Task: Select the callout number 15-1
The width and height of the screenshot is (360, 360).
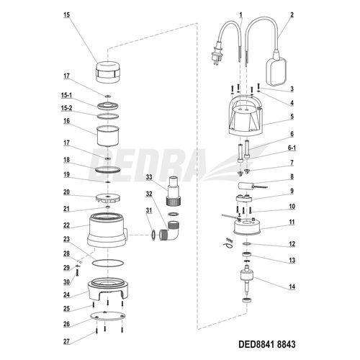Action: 66,95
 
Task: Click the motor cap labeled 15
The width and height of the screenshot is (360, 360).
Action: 108,72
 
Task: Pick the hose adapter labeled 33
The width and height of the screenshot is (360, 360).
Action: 174,192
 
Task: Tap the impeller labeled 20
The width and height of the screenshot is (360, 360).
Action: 108,198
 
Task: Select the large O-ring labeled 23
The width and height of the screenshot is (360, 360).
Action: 108,263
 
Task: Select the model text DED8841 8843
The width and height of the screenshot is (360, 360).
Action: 267,344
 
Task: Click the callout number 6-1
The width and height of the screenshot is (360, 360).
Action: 292,148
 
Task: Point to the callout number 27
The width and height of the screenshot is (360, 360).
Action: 66,341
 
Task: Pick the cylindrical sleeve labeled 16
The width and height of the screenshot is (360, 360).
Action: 108,135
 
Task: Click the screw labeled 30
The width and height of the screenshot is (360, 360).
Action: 77,272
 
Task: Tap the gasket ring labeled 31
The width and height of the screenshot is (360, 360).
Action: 153,235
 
